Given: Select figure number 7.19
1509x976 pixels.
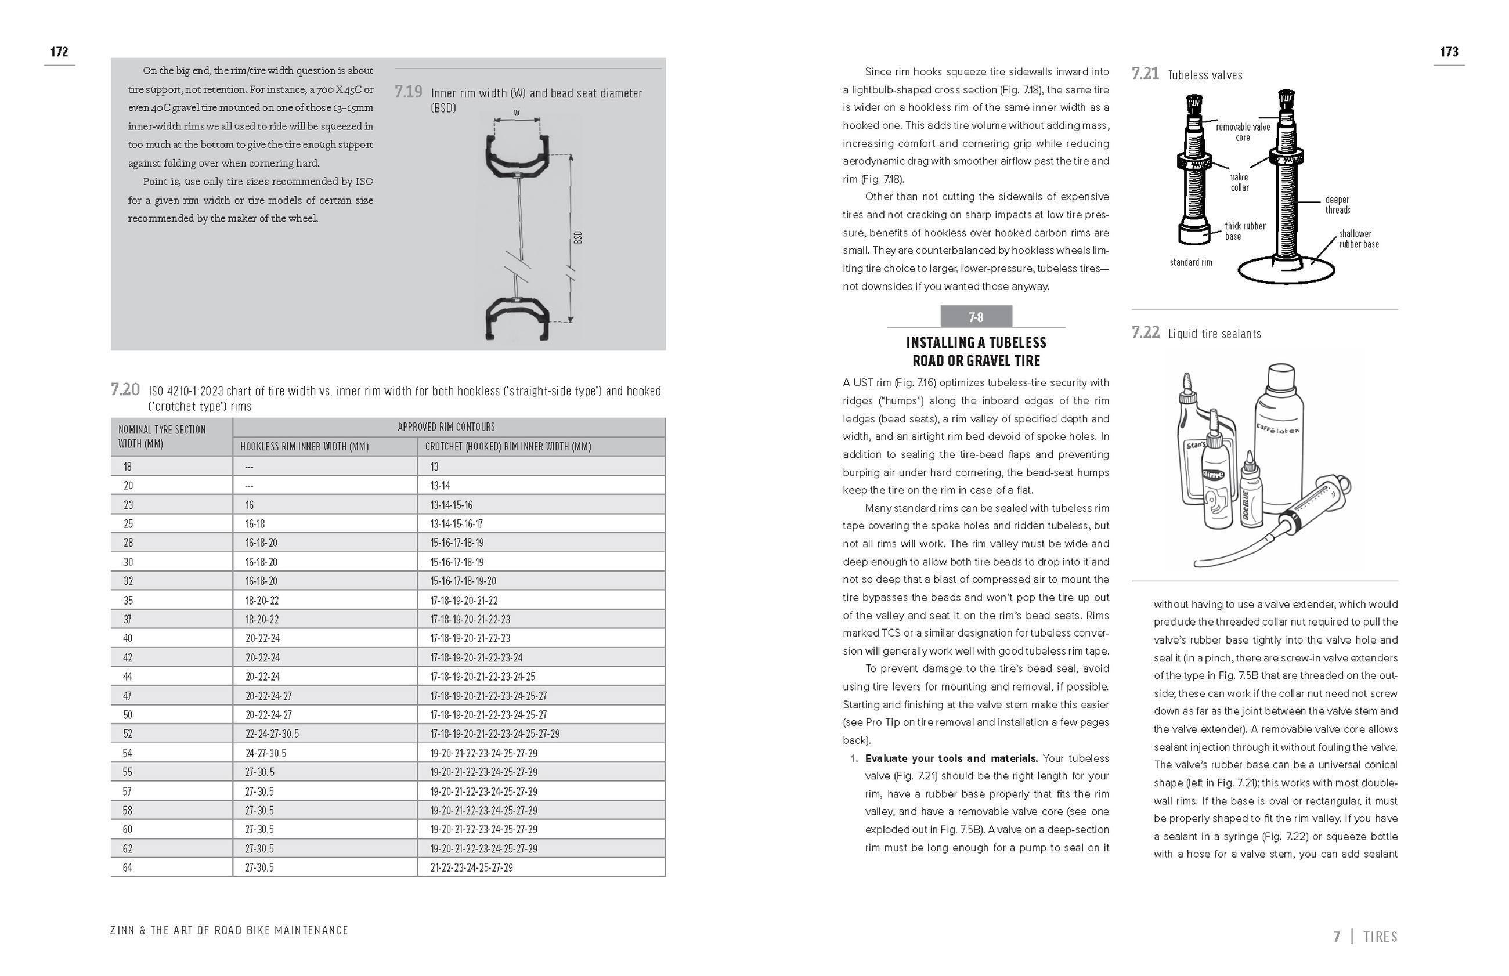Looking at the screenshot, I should (x=408, y=92).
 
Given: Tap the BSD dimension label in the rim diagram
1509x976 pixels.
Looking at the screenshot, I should (x=577, y=238).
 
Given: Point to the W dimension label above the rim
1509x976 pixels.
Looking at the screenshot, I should (x=517, y=113).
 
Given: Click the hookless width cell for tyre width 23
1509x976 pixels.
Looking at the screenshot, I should (x=250, y=505).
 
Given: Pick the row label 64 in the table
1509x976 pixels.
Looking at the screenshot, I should (x=127, y=867).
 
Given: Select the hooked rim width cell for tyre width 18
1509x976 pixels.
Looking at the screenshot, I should (x=434, y=467).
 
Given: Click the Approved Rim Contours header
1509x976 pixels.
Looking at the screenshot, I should (x=446, y=427).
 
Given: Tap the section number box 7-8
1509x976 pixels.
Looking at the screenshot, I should (x=976, y=317).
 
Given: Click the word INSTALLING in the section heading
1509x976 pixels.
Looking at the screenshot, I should (x=941, y=343).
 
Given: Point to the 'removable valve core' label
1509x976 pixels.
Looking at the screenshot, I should (x=1242, y=132).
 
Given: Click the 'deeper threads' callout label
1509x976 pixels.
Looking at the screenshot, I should (x=1337, y=205).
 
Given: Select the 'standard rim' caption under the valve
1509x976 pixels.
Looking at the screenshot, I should (x=1191, y=262).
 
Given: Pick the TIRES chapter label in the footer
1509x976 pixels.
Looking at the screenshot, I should (x=1380, y=936).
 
